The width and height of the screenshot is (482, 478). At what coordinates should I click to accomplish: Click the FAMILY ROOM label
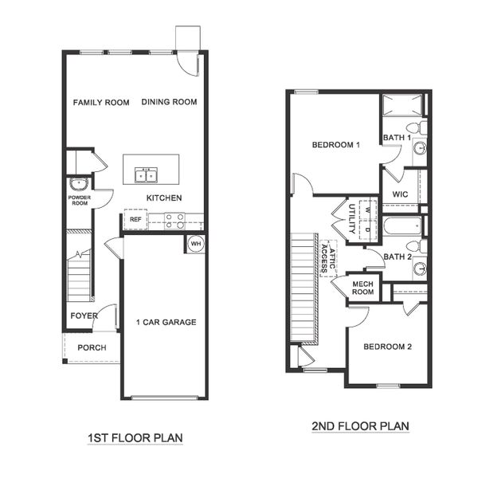101,102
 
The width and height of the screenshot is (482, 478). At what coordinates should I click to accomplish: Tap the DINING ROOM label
169,102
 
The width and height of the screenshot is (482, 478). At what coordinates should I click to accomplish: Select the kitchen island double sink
146,174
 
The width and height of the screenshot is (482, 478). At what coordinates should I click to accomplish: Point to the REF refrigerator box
135,219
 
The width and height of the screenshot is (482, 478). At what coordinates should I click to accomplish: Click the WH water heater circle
196,243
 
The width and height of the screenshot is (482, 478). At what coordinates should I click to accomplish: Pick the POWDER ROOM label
79,200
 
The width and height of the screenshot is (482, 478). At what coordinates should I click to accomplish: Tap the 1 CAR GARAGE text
166,323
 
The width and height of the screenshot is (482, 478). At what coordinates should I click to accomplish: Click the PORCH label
92,347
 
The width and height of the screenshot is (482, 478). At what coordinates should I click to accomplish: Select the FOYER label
84,315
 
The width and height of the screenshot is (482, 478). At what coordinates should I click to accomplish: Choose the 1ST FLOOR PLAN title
135,437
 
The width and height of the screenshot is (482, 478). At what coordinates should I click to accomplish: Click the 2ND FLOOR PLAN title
360,426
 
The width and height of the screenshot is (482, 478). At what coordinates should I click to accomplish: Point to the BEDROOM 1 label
335,145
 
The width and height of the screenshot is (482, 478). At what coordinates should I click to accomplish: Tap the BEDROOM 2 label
387,347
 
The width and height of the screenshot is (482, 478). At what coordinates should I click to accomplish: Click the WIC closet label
401,194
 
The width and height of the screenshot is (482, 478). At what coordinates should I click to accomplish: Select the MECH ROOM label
363,288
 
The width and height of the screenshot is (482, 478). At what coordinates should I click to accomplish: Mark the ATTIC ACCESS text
327,258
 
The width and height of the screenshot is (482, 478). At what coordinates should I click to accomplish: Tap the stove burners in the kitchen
174,219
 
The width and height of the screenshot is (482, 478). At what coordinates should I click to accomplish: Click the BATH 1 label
397,138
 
